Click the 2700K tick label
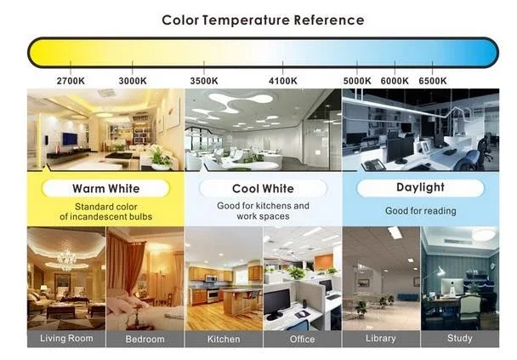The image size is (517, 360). [71, 81]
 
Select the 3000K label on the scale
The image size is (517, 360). [133, 81]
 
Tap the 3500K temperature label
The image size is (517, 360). [204, 81]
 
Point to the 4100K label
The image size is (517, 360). [283, 81]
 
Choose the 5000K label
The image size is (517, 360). [357, 81]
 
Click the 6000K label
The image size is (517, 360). [395, 81]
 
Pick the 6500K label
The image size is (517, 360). [433, 81]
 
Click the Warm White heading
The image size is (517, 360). [105, 188]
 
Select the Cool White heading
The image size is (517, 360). [263, 188]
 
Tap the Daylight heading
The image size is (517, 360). [420, 187]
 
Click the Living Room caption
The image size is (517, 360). [66, 339]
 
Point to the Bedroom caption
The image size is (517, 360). [145, 339]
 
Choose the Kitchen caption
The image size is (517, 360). [224, 339]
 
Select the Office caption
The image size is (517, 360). [303, 339]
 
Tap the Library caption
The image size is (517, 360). [381, 339]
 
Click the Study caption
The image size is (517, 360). [460, 339]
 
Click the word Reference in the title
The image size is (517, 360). [329, 20]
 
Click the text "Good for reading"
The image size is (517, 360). [421, 211]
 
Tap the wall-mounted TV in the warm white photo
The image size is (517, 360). [70, 139]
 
